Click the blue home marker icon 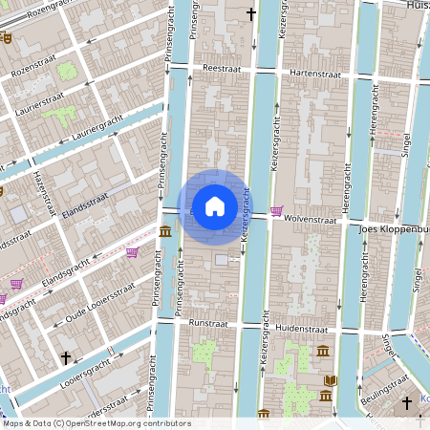tap(215, 205)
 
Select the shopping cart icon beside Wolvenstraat tap(277, 211)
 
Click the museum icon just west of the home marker tap(166, 230)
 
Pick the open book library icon tap(331, 380)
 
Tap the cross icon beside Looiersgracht tap(66, 358)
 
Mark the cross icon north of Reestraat tap(252, 14)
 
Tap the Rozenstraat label tap(35, 73)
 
